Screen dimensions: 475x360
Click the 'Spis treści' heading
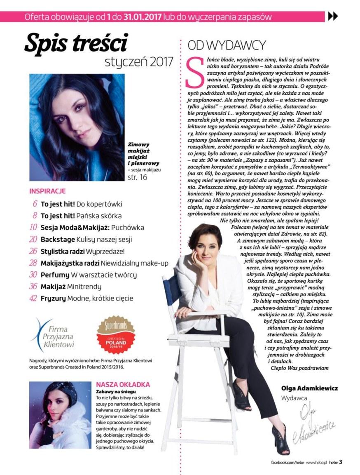pos(76,43)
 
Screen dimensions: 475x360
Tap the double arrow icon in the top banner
pos(332,16)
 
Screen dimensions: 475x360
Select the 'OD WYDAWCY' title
pos(227,45)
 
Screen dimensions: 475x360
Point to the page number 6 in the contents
pos(35,204)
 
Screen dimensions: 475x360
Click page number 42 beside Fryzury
pos(33,298)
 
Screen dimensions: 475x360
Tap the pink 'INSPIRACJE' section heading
pos(47,191)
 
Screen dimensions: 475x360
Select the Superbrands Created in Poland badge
pos(115,335)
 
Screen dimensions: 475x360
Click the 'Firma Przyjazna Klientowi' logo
pos(54,335)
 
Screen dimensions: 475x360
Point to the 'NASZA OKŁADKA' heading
pos(123,384)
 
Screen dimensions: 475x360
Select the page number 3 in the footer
pos(341,462)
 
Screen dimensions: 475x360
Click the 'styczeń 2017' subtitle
pos(139,62)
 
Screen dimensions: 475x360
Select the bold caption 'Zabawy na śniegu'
pos(116,391)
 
